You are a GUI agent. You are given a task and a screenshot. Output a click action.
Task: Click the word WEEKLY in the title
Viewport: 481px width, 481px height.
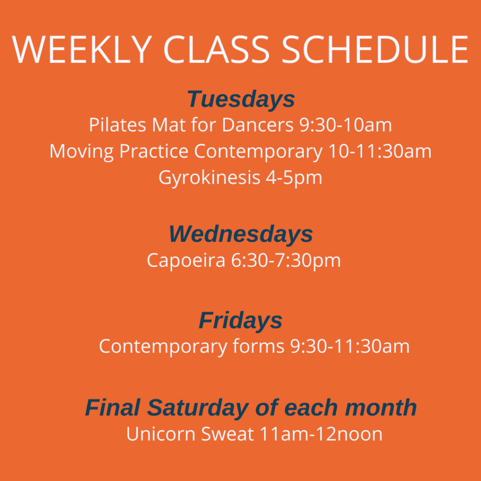(x=82, y=50)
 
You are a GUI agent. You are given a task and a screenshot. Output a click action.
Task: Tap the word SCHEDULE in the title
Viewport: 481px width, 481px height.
(x=375, y=50)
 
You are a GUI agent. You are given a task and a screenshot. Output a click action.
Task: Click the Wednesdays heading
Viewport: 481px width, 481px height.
(x=241, y=234)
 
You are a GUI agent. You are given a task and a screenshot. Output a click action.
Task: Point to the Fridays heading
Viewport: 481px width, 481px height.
(x=240, y=320)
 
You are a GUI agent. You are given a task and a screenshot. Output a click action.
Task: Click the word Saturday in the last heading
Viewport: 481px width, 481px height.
(x=198, y=408)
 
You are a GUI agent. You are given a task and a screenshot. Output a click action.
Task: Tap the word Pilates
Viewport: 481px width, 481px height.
(x=117, y=125)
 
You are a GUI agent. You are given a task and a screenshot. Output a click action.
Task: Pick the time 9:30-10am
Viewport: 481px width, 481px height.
(x=346, y=125)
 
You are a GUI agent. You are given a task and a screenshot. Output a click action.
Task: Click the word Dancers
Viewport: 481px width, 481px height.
(x=258, y=125)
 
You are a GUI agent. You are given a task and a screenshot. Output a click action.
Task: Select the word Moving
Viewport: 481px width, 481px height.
(x=82, y=152)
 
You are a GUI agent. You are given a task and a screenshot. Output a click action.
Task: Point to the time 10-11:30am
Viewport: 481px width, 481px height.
(x=380, y=151)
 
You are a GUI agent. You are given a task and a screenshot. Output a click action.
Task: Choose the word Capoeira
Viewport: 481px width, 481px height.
(x=186, y=261)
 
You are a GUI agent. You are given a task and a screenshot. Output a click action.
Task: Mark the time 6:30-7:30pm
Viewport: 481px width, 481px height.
(x=286, y=261)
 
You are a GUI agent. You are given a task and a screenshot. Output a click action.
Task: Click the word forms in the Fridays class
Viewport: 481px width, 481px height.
(x=259, y=346)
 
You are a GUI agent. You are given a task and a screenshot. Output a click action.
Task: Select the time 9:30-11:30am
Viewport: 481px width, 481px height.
(x=350, y=346)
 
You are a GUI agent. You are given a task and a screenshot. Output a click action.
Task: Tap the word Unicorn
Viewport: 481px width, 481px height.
(x=161, y=434)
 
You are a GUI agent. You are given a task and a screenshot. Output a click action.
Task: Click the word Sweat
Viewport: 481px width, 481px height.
(x=227, y=434)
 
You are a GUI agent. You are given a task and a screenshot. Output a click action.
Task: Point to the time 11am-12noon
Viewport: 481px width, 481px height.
(x=321, y=434)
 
